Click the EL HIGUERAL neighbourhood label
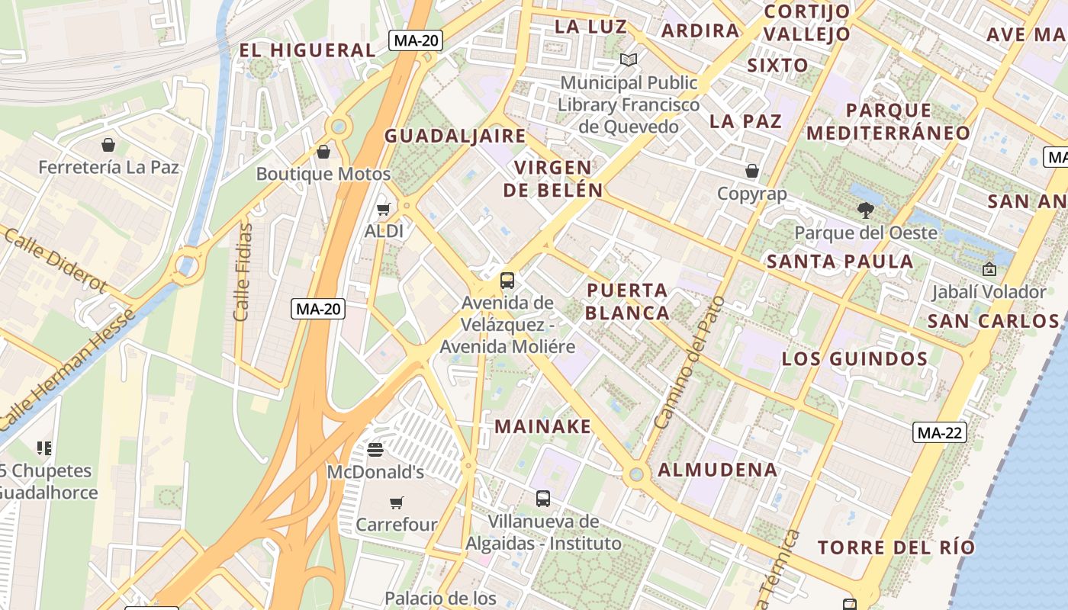(307, 50)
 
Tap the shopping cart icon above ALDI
(384, 209)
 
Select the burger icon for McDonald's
(375, 450)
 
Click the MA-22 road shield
(940, 433)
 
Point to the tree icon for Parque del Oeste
(865, 210)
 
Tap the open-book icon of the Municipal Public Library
(628, 59)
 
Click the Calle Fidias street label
(243, 271)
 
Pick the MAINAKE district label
(542, 426)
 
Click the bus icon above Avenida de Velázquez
(507, 280)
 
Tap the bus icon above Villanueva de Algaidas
(542, 499)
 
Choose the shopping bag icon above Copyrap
(752, 171)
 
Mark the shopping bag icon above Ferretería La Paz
(108, 145)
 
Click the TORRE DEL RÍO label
(896, 547)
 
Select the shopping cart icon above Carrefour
(396, 502)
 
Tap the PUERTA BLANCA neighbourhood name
(627, 301)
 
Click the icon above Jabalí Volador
(989, 268)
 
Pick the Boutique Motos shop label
(323, 174)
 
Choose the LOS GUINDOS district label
(854, 359)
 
